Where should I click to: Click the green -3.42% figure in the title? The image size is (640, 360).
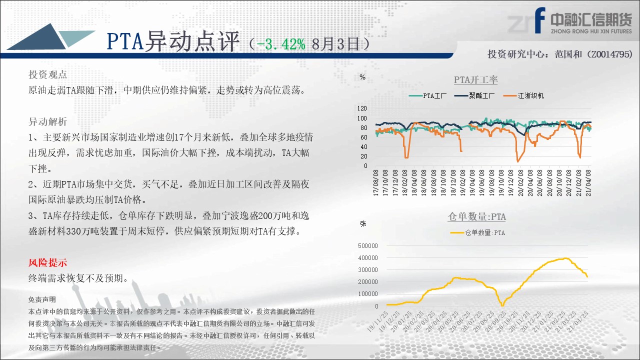[281, 44]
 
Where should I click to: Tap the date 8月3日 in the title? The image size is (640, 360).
[335, 44]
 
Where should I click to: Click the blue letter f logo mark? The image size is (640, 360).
[539, 20]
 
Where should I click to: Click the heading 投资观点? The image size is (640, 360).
[47, 74]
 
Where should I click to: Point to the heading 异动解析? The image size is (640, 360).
[47, 121]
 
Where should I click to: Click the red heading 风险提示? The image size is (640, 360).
[47, 262]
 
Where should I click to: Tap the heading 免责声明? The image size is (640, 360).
[42, 299]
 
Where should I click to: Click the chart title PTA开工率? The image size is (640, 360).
[475, 79]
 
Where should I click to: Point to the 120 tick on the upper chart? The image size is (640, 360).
[362, 108]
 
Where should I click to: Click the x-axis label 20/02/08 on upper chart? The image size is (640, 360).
[520, 183]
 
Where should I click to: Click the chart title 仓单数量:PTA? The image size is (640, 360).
[476, 216]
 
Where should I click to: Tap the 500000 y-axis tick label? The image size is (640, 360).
[367, 245]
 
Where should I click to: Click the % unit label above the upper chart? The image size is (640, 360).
[362, 77]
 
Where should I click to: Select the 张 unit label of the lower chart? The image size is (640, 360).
[363, 223]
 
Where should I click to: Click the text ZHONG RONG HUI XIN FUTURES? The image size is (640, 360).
[591, 31]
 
